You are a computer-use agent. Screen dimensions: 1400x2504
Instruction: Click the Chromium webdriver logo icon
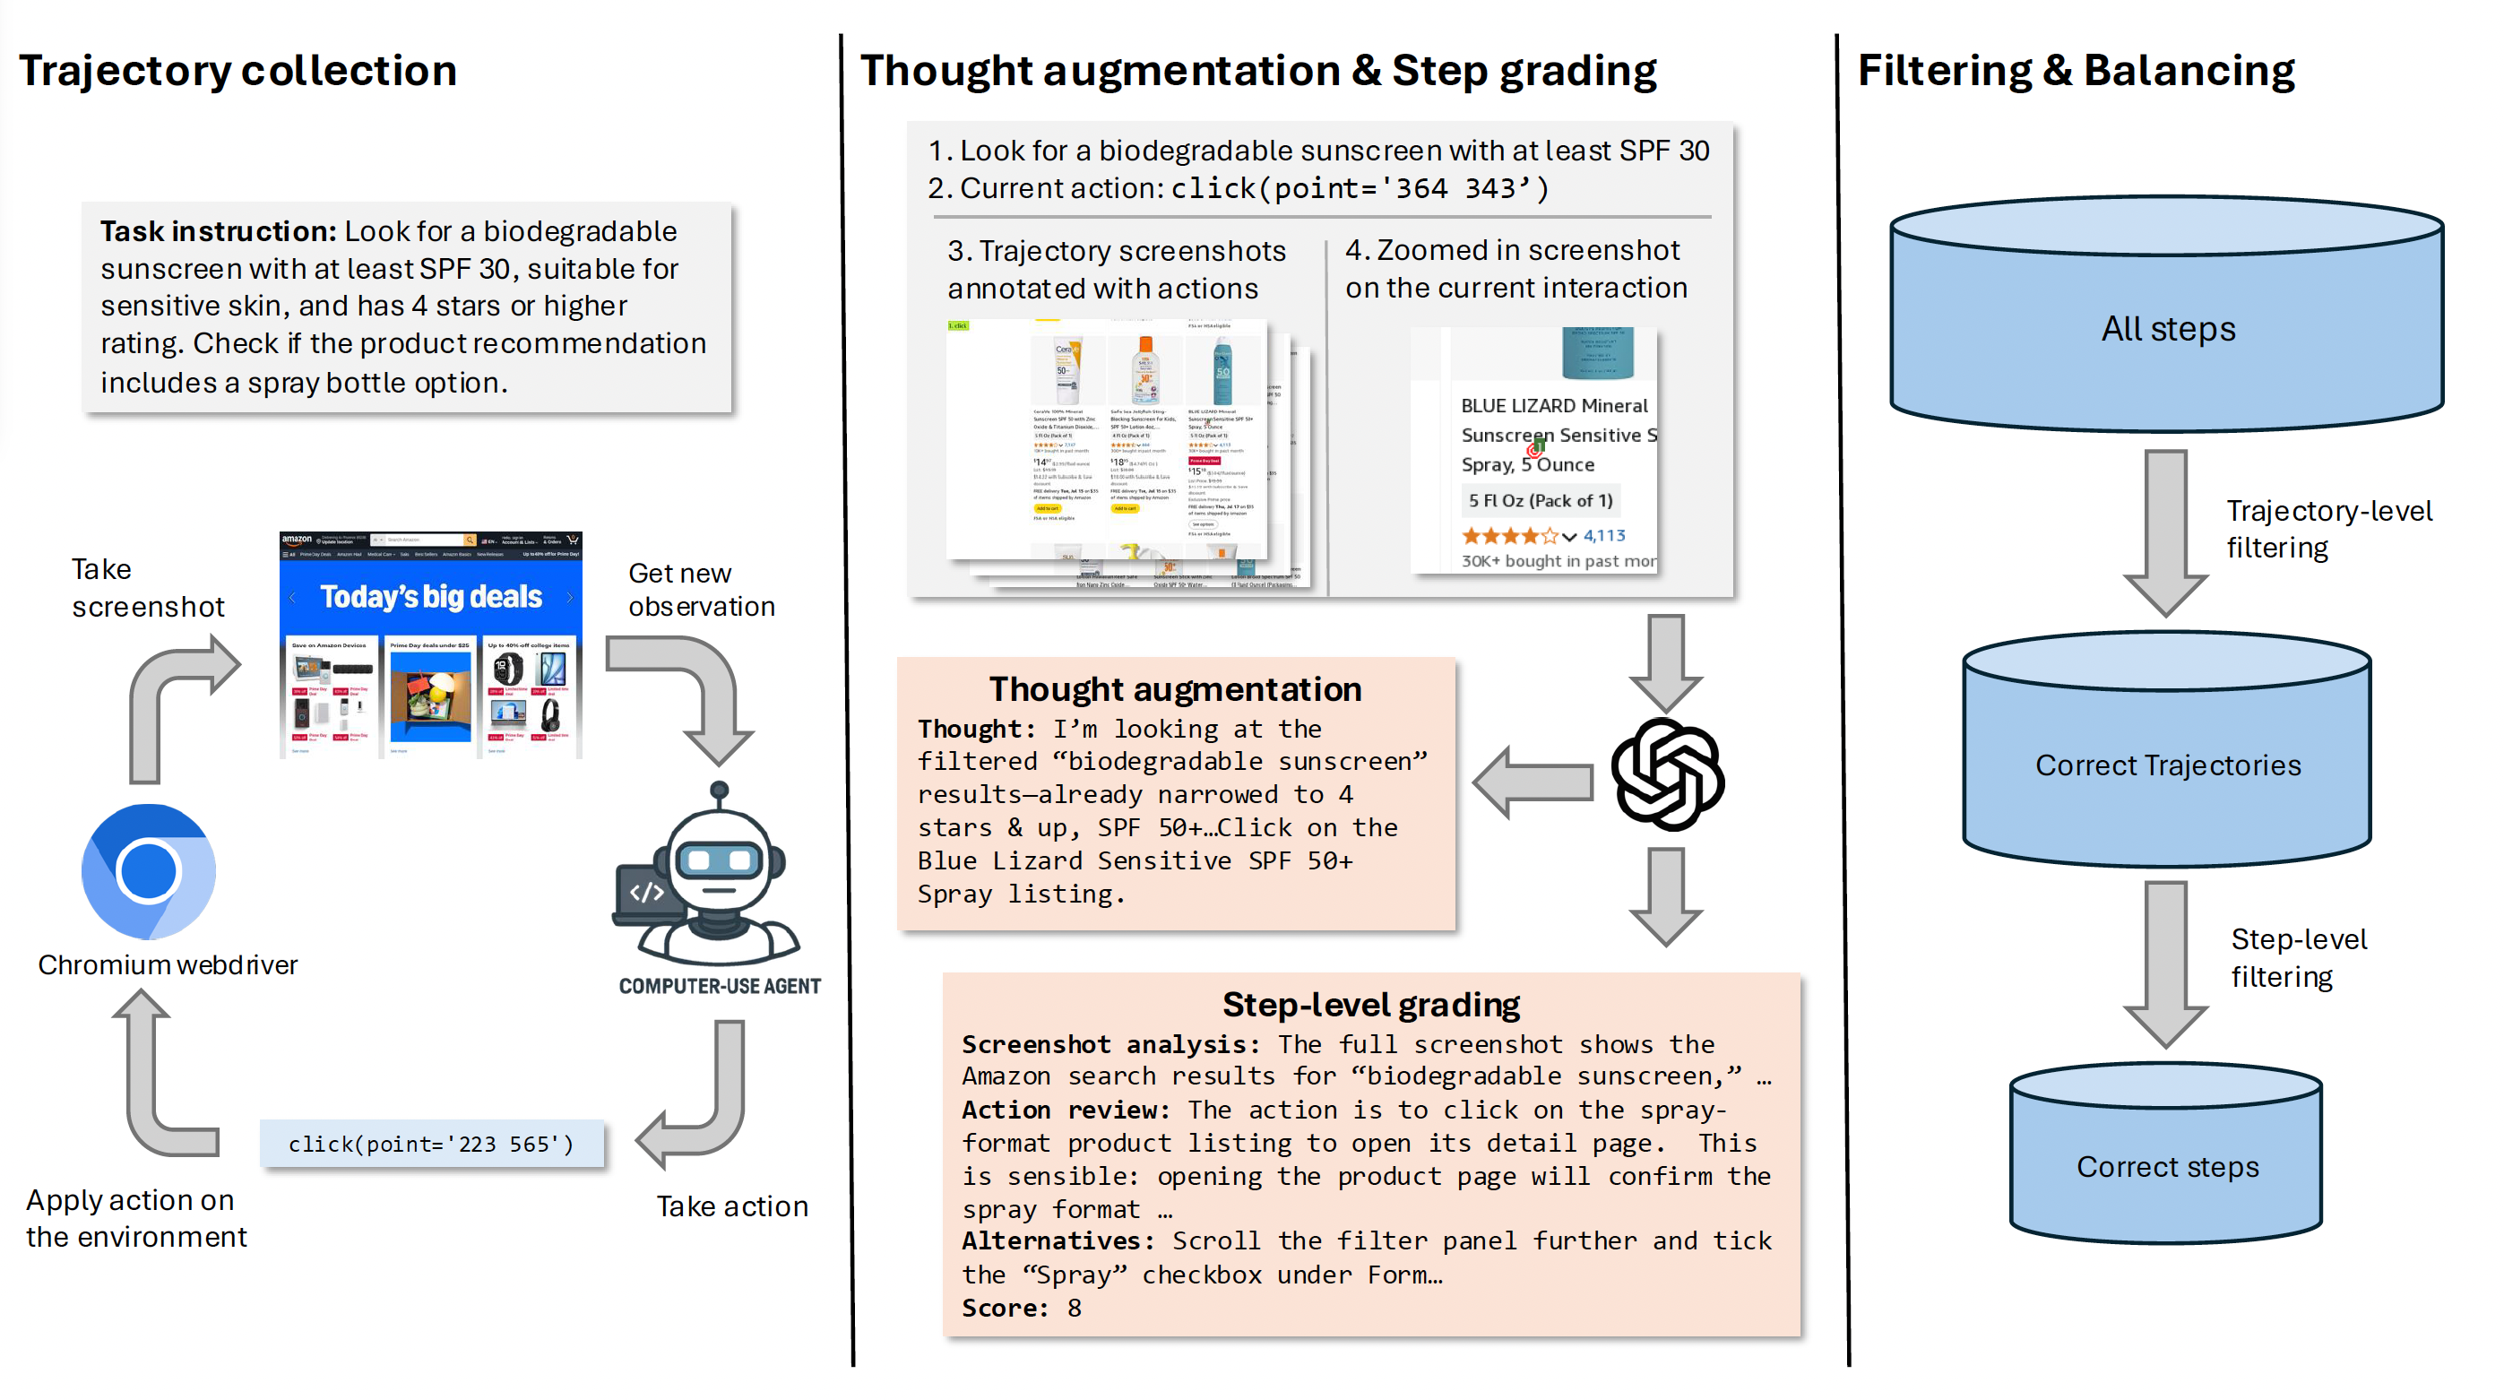(149, 871)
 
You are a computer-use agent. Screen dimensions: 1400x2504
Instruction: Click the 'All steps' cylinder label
(2168, 329)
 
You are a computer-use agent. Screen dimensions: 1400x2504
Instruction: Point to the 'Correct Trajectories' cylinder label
(2168, 765)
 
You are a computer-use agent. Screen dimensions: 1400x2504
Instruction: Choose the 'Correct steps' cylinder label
(2168, 1166)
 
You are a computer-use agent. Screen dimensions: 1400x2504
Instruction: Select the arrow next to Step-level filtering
(2166, 963)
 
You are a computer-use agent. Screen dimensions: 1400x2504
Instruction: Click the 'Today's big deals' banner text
(430, 596)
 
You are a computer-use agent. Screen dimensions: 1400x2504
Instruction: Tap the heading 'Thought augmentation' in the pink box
(1174, 688)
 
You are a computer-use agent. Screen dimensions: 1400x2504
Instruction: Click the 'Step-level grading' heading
(1370, 1003)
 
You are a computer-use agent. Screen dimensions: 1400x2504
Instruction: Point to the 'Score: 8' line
(1021, 1308)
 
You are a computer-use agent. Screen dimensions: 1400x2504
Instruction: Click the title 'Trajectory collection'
(238, 71)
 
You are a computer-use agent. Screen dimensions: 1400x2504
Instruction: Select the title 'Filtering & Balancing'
(2076, 71)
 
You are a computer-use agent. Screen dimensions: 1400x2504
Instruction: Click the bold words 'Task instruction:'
(218, 231)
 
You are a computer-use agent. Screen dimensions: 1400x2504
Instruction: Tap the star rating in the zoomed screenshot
(1512, 536)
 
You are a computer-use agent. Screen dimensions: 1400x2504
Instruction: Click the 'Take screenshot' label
(147, 587)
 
